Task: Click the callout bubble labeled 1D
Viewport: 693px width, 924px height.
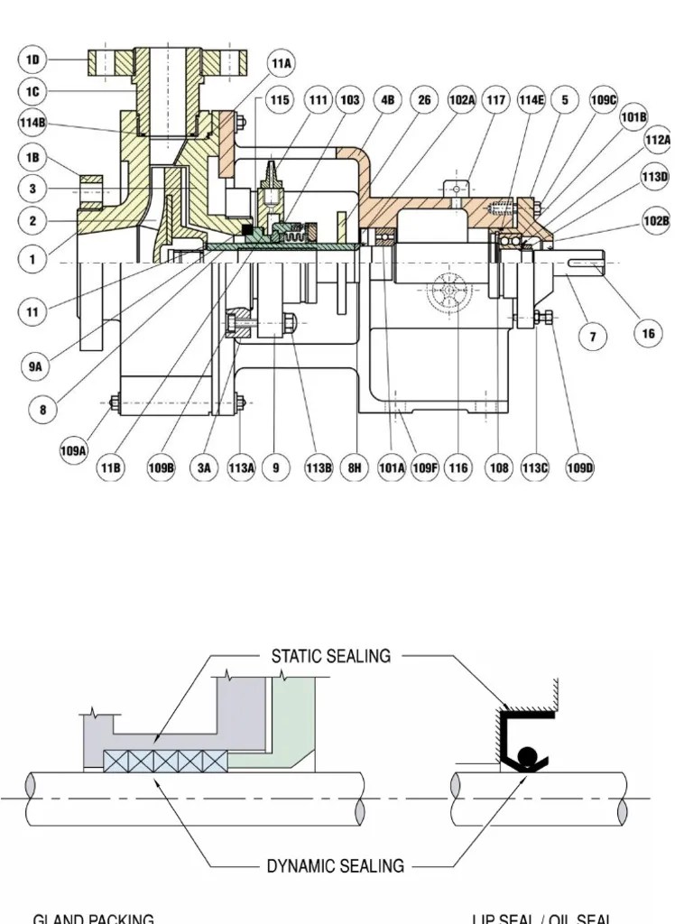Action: pos(33,60)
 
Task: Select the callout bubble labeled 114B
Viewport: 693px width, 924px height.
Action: pos(33,124)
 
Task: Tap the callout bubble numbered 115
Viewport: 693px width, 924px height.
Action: pos(280,100)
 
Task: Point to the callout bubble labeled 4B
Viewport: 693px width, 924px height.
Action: pos(388,100)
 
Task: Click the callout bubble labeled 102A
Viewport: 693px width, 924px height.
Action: pos(461,100)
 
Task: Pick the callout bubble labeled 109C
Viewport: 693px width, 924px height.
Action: pos(604,100)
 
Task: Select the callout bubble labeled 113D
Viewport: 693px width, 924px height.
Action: pos(656,177)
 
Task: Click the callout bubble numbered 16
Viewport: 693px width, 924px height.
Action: pos(648,334)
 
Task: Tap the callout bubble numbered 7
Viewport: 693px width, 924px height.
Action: pos(593,337)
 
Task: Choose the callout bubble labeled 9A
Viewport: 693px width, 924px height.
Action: pos(34,367)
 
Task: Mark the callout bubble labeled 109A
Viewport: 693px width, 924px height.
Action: pos(74,449)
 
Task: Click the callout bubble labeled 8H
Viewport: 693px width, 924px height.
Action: pos(356,467)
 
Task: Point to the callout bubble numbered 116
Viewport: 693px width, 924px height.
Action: pos(458,467)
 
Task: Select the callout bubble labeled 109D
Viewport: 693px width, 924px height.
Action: pos(579,467)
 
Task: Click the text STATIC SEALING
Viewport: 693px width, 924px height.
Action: pos(331,656)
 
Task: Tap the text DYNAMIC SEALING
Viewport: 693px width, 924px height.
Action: pos(335,866)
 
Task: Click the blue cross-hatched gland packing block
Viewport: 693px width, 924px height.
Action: pos(165,761)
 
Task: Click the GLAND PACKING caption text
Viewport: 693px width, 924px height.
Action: pos(93,918)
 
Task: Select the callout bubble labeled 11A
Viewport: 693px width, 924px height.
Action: pos(281,64)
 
